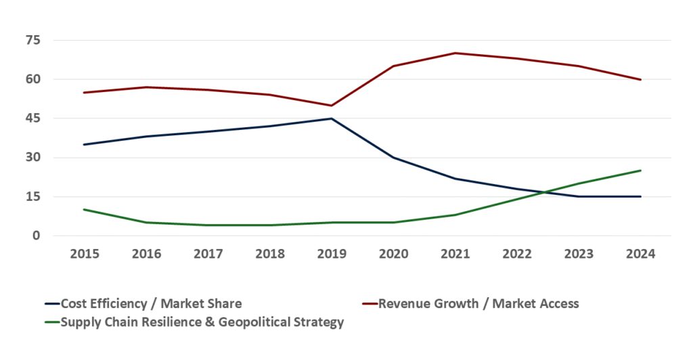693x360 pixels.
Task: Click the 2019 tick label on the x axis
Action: (332, 254)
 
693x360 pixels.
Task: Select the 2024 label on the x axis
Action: (640, 254)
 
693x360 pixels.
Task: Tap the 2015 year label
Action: (85, 254)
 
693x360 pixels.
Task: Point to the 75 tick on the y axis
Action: (33, 41)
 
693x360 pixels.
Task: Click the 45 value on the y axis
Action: (33, 118)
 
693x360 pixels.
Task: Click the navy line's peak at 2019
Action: (332, 118)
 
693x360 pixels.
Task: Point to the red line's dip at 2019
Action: (332, 106)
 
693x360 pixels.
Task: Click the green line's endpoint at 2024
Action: (640, 171)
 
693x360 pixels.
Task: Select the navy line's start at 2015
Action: (85, 145)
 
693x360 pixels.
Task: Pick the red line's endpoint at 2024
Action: (640, 80)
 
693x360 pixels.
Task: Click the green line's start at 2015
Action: (85, 210)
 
